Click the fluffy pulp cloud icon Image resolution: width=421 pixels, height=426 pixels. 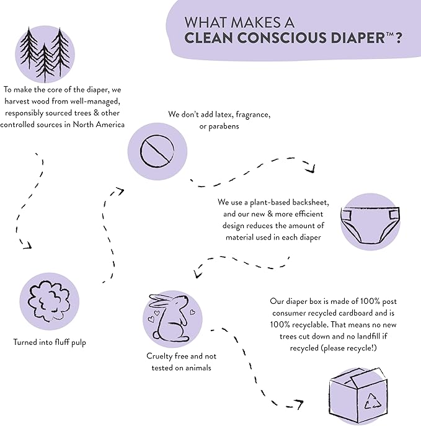48,298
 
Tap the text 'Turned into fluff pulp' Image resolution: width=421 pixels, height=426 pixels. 50,342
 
